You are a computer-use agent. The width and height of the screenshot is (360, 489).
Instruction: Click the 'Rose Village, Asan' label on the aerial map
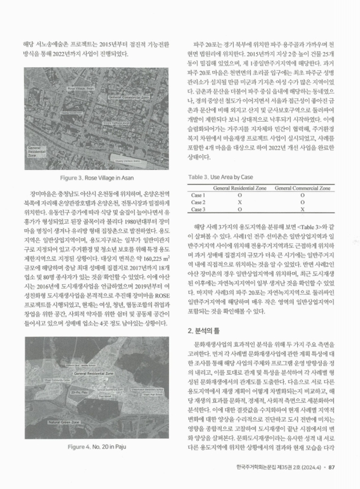click(x=84, y=89)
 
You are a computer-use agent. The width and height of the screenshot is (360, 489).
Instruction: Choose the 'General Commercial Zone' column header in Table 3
click(x=304, y=188)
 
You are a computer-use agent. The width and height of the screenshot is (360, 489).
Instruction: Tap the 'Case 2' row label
click(x=199, y=202)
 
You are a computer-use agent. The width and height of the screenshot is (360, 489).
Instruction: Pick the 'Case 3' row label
click(x=199, y=209)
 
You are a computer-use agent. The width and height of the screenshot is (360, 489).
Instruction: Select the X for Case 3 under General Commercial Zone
click(x=304, y=209)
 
